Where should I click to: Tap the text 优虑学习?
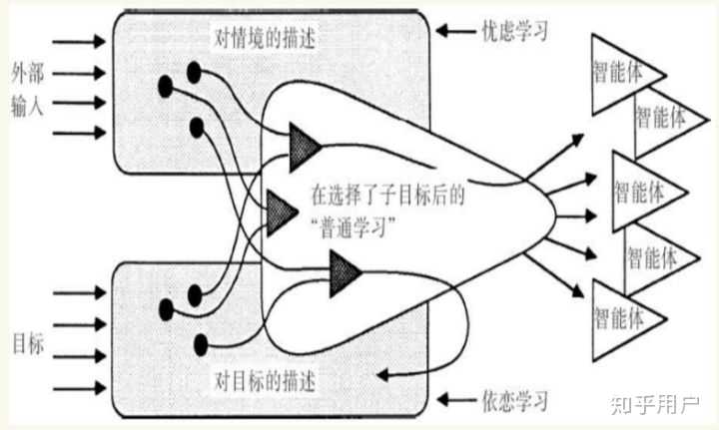coord(520,31)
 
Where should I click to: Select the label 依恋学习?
coord(520,402)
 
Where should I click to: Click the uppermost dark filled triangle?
coord(303,146)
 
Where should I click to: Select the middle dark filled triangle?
coord(281,208)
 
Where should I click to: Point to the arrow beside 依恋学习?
coord(459,401)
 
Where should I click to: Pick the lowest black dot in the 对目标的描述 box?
coord(201,344)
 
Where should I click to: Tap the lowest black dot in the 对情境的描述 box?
coord(196,127)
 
